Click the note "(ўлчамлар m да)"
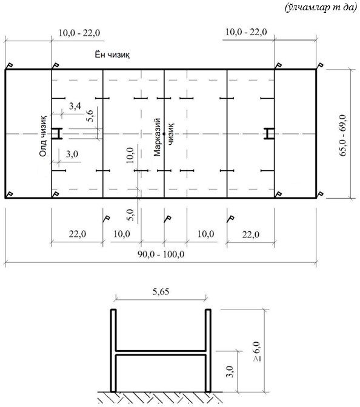tap(321, 8)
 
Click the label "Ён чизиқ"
tap(112, 55)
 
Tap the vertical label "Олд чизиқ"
tap(43, 136)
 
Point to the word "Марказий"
tap(157, 137)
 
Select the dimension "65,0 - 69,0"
tap(342, 135)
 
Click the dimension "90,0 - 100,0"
tap(161, 254)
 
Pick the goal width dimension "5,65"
tap(161, 292)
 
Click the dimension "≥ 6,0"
tap(257, 351)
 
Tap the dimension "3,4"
tap(75, 106)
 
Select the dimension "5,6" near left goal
tap(90, 116)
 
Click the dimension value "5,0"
tap(130, 214)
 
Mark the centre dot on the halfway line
tap(164, 134)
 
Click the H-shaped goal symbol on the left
tap(57, 134)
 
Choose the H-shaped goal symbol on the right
tap(269, 134)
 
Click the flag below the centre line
tap(167, 219)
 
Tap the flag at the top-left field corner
tap(8, 66)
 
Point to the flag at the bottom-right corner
tap(320, 194)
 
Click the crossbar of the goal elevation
tap(161, 352)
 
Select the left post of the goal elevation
tap(113, 351)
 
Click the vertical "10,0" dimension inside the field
tap(130, 155)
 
